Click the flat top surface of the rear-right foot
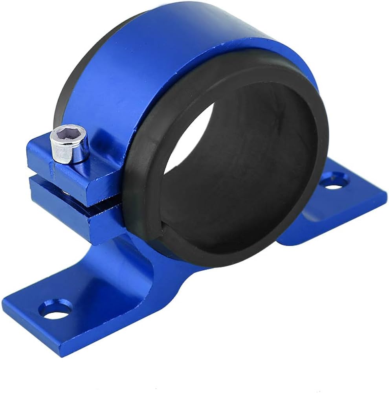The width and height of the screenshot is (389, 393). [x=354, y=196]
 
